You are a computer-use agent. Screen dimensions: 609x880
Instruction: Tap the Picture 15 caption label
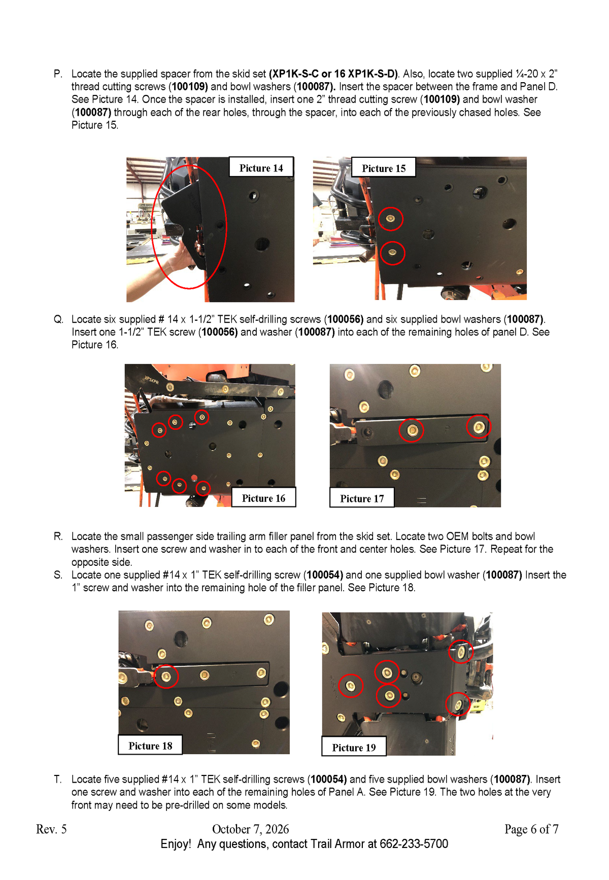coord(384,167)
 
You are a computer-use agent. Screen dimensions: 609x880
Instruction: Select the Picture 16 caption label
coord(263,497)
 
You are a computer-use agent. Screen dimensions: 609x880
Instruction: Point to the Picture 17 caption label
coord(362,498)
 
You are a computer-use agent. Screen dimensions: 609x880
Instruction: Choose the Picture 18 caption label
coord(150,745)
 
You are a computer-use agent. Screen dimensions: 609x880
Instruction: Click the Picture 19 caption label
coord(354,747)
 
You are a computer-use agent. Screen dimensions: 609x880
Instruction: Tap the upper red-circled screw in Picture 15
coord(390,219)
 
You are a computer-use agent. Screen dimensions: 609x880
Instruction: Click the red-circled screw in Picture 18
coord(165,676)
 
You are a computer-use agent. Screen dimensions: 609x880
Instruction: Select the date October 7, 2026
coord(250,829)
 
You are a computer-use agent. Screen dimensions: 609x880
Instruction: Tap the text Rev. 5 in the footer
coord(51,829)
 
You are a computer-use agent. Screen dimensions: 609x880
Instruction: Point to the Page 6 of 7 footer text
coord(531,829)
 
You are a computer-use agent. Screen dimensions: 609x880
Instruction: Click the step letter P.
coord(58,74)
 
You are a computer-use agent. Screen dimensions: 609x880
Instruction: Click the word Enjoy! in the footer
coord(176,844)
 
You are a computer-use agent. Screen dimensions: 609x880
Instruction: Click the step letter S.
coord(58,575)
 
